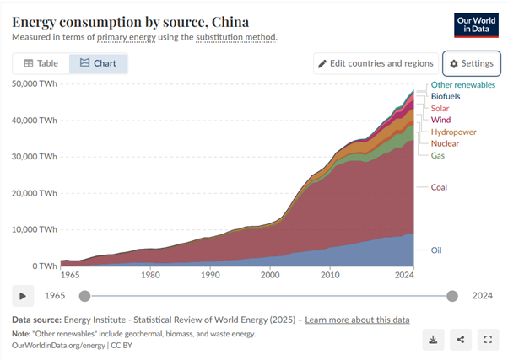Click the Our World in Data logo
[476, 24]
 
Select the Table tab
[41, 63]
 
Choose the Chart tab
[98, 63]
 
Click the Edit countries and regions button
[376, 63]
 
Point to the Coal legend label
[439, 186]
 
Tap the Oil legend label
[436, 250]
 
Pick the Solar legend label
[440, 108]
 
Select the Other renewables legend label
[462, 84]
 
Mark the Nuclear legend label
[445, 143]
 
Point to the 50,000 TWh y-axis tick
[35, 83]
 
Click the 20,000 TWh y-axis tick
[35, 193]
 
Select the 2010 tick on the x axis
[330, 275]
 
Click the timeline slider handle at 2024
[452, 295]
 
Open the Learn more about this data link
[357, 320]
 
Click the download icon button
[433, 340]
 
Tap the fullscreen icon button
[487, 340]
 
